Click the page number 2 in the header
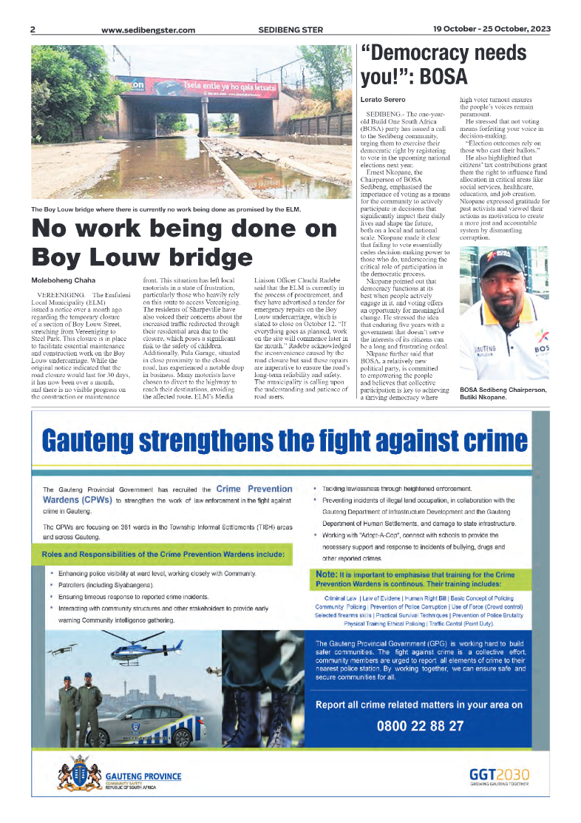[33, 30]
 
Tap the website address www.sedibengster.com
[148, 30]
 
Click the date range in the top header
[492, 30]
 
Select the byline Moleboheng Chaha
[63, 280]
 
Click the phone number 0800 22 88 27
[420, 725]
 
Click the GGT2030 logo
[499, 776]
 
